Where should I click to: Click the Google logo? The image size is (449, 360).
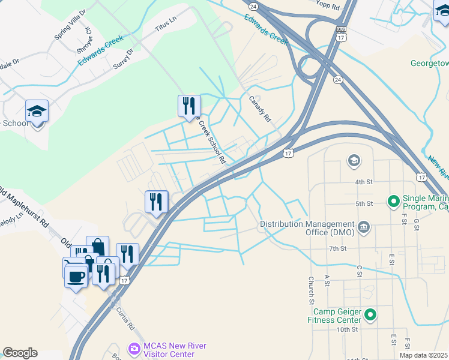pos(20,353)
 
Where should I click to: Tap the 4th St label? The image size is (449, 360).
pos(364,182)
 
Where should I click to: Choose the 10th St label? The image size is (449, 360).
pos(347,329)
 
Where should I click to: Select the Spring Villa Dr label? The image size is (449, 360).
pos(70,24)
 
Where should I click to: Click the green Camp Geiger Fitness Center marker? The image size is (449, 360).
pos(370,314)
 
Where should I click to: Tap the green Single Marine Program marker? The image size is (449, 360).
pos(394,200)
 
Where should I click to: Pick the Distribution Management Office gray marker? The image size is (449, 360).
pos(364,227)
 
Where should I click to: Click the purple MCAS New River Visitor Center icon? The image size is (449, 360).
pos(134,347)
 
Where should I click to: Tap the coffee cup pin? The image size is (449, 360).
pos(76,277)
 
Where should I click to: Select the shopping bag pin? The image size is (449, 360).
pos(97,246)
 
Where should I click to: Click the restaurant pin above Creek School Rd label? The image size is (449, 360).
pos(190,106)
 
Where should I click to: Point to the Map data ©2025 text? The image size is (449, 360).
pos(423,355)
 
